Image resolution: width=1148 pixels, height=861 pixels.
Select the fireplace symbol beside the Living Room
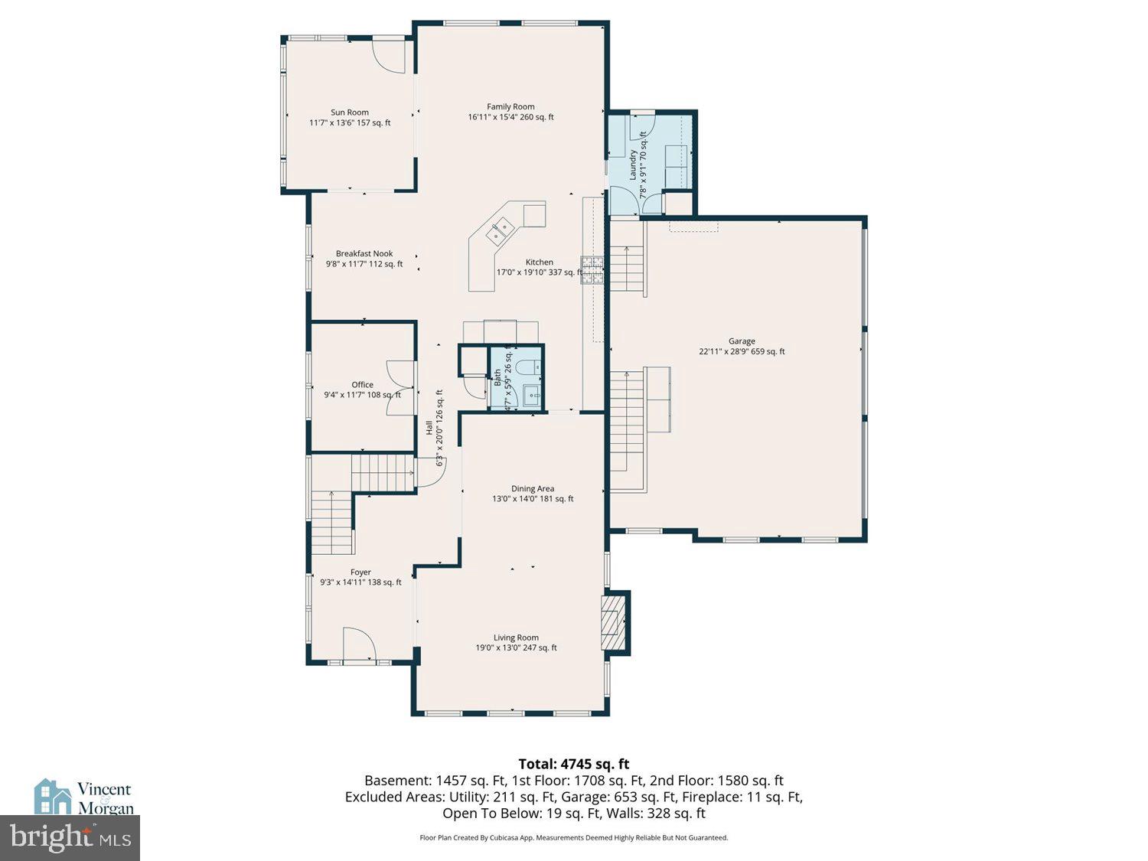614,621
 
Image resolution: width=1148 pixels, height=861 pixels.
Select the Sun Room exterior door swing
389,55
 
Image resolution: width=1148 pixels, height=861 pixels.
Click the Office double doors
400,388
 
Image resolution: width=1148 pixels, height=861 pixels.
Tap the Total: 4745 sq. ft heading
573,764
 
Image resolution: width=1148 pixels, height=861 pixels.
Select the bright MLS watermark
70,837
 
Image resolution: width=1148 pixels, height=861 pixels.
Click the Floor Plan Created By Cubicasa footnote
573,838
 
